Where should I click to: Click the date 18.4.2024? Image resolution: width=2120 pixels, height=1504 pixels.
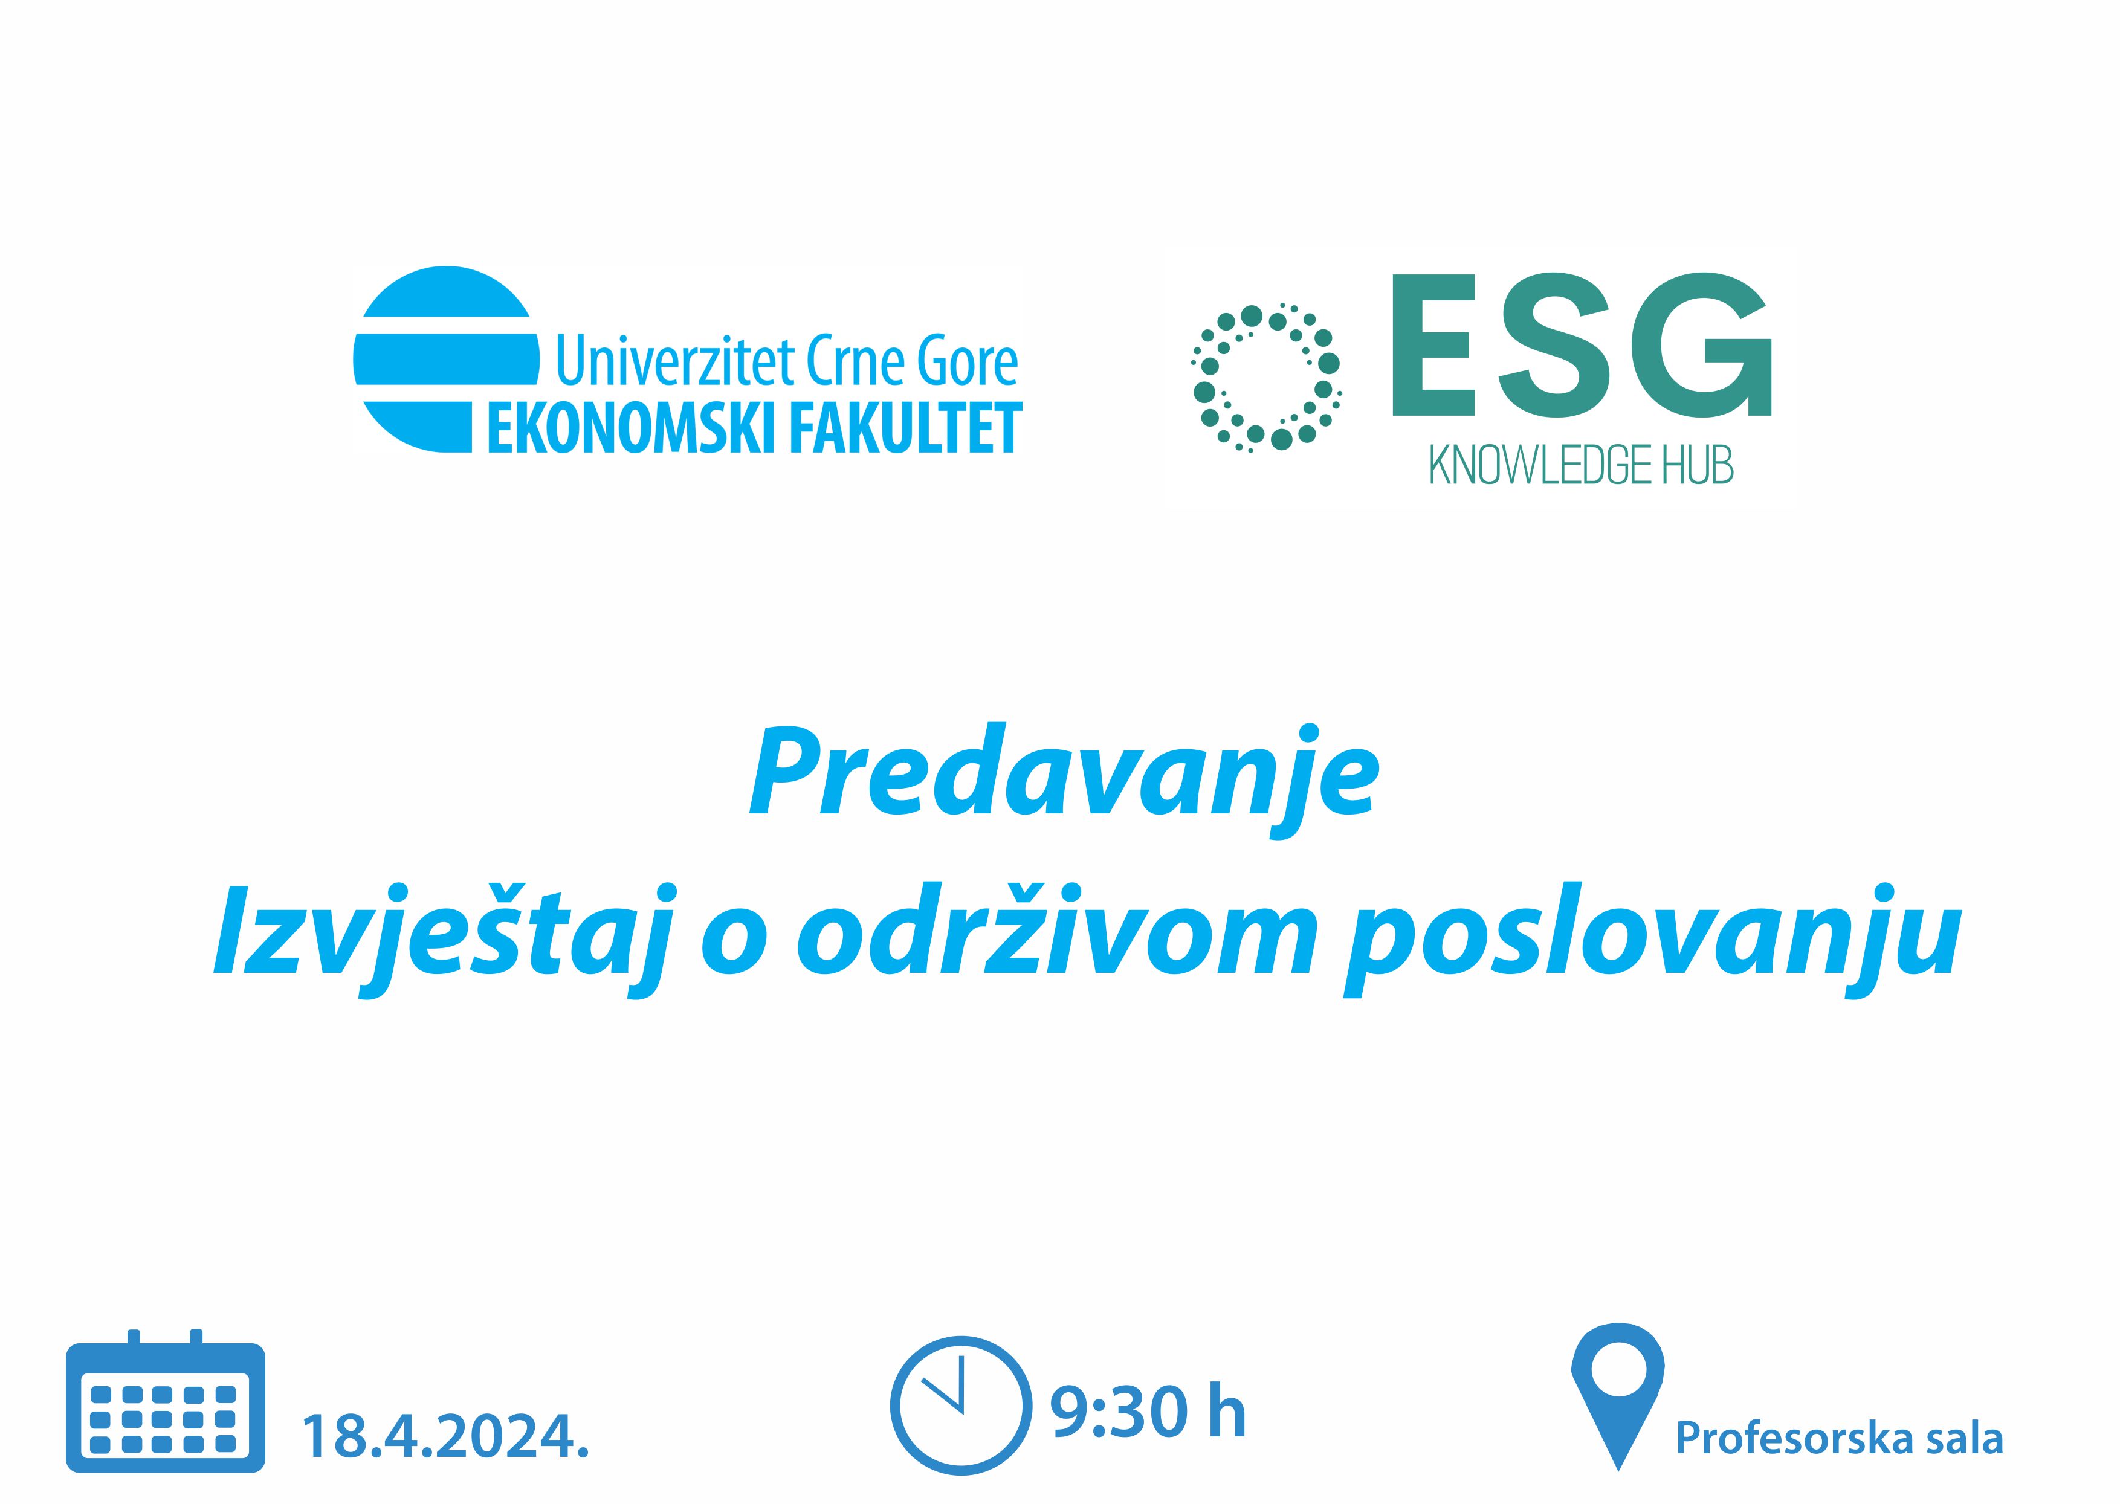coord(445,1436)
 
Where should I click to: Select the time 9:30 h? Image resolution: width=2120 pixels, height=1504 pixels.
coord(1148,1412)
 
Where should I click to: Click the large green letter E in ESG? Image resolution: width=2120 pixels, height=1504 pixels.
coord(1433,344)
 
